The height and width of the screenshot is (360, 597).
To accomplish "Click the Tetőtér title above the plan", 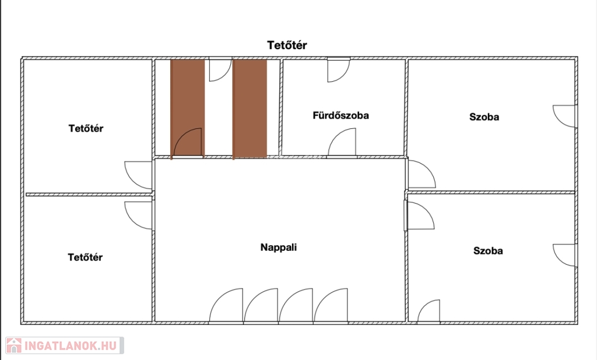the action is coord(287,45).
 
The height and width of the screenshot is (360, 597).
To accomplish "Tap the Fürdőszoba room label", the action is coord(340,115).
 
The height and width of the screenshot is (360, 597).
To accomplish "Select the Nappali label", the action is coord(278,247).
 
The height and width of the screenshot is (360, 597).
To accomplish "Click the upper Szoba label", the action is coord(484,117).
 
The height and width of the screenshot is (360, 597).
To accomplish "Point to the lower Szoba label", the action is coord(488,251).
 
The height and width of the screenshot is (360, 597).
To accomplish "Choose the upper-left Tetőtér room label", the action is coord(86,128).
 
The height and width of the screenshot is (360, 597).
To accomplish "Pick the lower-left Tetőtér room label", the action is coord(85,257).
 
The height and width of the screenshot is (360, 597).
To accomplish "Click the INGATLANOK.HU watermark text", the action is coord(71,346).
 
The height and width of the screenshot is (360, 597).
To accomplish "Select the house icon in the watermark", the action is coord(14,345).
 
